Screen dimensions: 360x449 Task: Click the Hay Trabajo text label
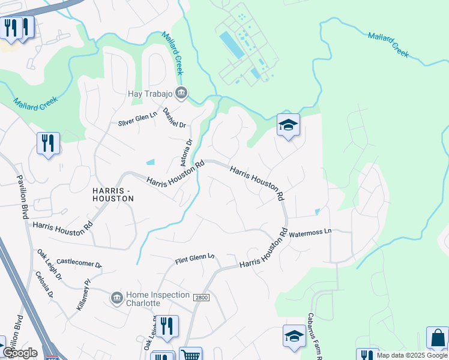point(150,94)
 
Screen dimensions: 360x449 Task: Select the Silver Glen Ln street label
point(137,119)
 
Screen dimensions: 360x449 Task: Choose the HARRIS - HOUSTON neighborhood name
point(113,194)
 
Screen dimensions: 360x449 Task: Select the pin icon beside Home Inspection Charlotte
point(116,297)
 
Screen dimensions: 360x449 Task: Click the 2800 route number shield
point(200,297)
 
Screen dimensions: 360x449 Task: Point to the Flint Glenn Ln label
point(194,259)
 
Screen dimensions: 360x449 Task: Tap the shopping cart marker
point(190,355)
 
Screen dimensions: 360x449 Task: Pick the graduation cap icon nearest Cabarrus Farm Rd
point(294,337)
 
